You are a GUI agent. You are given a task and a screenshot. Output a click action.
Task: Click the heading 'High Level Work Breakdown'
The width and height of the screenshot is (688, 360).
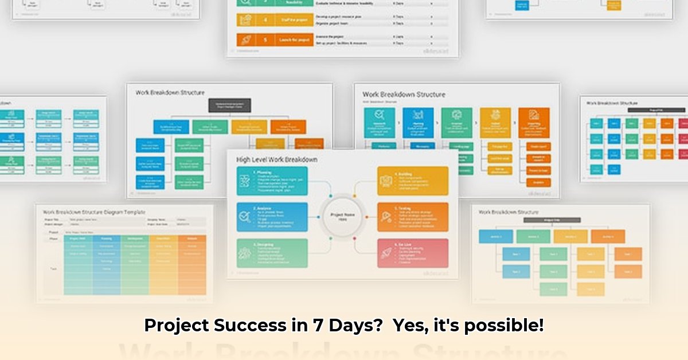point(276,159)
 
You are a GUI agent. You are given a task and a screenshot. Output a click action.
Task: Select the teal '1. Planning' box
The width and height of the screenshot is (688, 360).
point(272,181)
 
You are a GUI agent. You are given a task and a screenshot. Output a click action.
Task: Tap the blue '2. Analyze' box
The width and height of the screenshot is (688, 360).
point(272,217)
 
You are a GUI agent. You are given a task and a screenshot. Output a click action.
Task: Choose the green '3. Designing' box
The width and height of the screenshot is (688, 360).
point(272,253)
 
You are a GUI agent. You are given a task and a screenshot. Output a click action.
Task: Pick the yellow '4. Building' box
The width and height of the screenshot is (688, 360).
point(413,181)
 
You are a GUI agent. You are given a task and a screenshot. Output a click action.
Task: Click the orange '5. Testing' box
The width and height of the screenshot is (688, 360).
point(413,217)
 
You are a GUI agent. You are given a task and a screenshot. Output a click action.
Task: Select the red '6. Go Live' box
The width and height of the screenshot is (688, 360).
point(413,253)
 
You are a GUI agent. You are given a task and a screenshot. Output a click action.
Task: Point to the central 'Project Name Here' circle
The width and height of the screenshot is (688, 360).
point(342,217)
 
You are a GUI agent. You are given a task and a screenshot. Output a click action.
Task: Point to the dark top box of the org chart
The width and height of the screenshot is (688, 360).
point(229,105)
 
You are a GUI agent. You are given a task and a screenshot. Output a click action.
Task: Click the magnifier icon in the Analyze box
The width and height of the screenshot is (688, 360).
point(244,217)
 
